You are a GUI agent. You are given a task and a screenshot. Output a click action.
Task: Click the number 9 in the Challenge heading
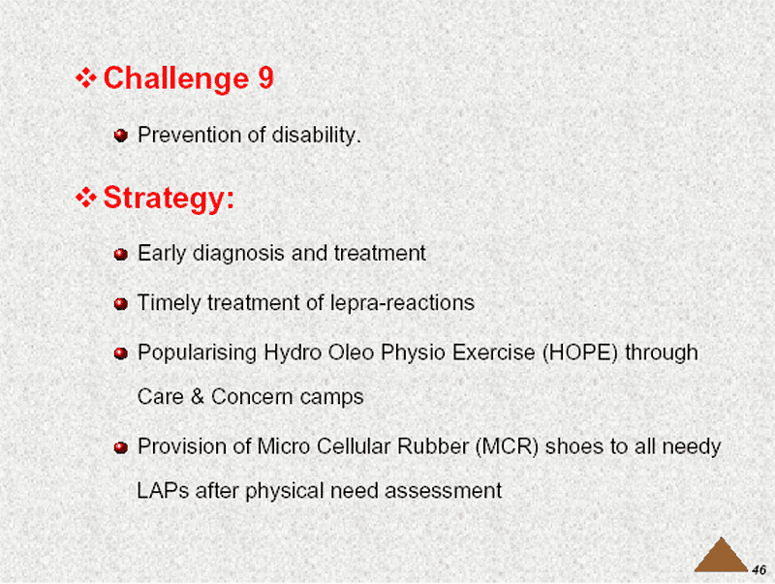point(265,78)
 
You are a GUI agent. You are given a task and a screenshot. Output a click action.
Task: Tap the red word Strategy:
point(169,199)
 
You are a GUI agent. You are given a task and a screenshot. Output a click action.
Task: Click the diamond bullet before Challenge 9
point(86,78)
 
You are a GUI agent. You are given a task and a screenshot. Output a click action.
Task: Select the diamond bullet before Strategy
point(86,198)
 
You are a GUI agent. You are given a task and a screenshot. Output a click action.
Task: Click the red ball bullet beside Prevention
point(121,136)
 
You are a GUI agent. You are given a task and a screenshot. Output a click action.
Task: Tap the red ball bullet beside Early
point(121,255)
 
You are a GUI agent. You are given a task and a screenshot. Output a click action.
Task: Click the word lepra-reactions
point(402,303)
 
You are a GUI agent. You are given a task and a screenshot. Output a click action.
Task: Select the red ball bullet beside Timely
point(121,303)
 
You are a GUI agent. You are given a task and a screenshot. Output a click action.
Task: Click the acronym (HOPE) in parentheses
point(580,353)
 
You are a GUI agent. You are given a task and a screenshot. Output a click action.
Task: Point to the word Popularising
point(198,353)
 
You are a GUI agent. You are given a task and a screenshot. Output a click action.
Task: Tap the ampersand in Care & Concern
point(198,397)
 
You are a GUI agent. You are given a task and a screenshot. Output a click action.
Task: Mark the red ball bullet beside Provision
point(121,447)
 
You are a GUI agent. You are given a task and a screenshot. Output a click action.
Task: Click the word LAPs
point(163,491)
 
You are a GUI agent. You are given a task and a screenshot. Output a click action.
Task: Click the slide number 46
point(759,569)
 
